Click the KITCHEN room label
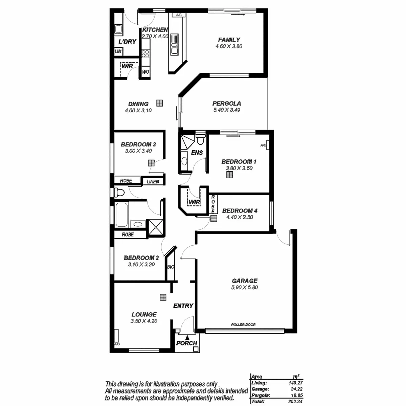[155, 30]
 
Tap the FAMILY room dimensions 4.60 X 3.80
[229, 46]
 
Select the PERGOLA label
[227, 104]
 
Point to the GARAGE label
[245, 281]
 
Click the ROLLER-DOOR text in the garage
[243, 325]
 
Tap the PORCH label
[186, 343]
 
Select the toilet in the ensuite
[201, 139]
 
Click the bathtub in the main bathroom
[121, 215]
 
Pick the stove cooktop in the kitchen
[145, 53]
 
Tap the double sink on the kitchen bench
[175, 44]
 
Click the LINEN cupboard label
[153, 182]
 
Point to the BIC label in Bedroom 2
[171, 267]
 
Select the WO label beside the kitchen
[145, 72]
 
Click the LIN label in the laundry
[118, 52]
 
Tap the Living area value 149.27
[295, 383]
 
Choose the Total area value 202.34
[295, 402]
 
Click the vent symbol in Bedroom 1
[230, 175]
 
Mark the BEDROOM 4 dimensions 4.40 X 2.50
[240, 217]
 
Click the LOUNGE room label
[144, 314]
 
